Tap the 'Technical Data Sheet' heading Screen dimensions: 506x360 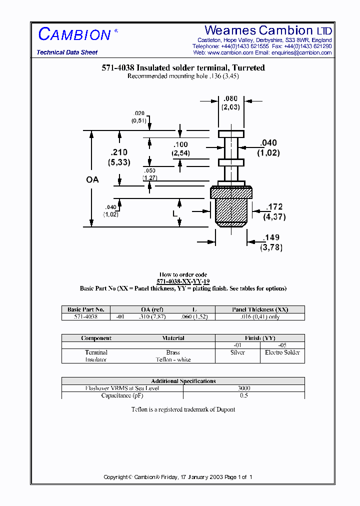[67, 52]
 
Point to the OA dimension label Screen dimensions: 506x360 [92, 179]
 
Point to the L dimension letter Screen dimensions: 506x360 [175, 213]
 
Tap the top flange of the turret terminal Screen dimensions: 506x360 [231, 134]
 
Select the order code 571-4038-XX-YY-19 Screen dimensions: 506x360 [183, 281]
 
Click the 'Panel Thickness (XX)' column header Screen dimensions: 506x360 [260, 309]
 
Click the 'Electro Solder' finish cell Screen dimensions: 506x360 [282, 352]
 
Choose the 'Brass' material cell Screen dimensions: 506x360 [173, 352]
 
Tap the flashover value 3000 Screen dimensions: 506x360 [244, 388]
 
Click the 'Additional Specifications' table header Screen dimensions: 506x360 [183, 381]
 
